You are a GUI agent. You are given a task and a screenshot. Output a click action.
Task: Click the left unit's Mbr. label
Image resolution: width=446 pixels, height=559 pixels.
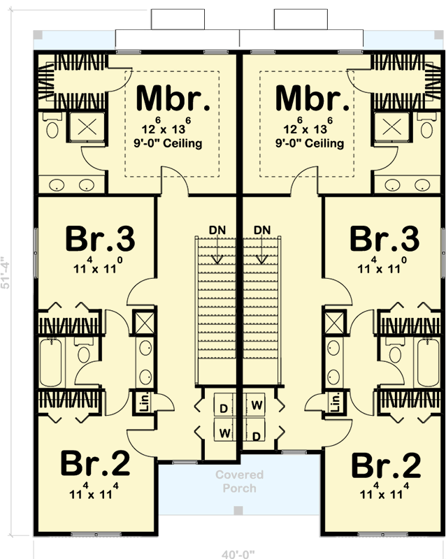(173, 99)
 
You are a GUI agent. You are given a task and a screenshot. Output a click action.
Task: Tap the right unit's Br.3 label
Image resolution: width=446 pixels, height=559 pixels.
(385, 239)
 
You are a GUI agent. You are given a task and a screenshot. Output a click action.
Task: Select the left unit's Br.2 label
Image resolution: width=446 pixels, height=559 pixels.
(94, 463)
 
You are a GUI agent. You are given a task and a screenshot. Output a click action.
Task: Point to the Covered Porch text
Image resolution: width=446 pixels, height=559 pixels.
(239, 481)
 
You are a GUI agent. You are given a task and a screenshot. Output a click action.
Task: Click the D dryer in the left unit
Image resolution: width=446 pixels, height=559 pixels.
(224, 407)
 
